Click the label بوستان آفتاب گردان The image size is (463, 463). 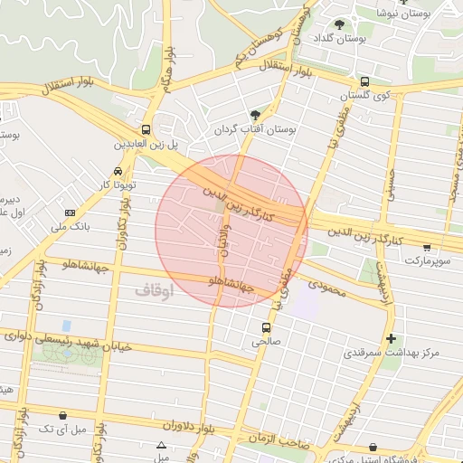pyautogui.click(x=255, y=129)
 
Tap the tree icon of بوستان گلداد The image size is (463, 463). pyautogui.click(x=339, y=24)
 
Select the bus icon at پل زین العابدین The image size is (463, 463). pyautogui.click(x=146, y=129)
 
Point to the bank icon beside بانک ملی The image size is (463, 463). pyautogui.click(x=71, y=213)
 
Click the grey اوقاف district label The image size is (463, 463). pyautogui.click(x=154, y=290)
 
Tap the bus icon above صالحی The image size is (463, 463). pyautogui.click(x=266, y=327)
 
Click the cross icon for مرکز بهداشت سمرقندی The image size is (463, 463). pyautogui.click(x=391, y=339)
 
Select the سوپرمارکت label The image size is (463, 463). pyautogui.click(x=426, y=260)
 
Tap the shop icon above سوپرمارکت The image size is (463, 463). pyautogui.click(x=427, y=247)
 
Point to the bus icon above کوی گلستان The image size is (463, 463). pyautogui.click(x=364, y=81)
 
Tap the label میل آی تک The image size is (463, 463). pyautogui.click(x=62, y=428)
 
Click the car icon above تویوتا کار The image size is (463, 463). pyautogui.click(x=118, y=172)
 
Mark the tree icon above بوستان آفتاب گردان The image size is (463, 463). pyautogui.click(x=256, y=116)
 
